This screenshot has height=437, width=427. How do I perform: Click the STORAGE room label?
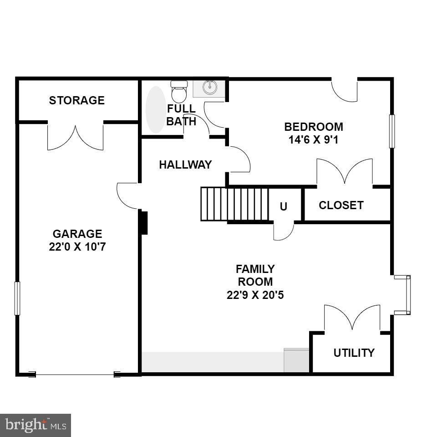pos(76,100)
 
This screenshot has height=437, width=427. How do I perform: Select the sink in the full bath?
pos(209,88)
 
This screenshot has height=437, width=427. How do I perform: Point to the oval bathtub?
pos(155,110)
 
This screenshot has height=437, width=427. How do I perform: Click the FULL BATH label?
pos(181,115)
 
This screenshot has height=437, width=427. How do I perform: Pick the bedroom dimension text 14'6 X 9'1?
pos(314,139)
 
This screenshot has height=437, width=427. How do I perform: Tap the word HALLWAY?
pos(185,165)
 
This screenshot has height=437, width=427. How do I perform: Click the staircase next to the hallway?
pos(234,204)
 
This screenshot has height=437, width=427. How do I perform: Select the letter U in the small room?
pos(284,206)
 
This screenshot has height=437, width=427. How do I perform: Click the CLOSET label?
pos(341,205)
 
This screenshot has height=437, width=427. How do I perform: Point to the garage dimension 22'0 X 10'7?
pos(77,247)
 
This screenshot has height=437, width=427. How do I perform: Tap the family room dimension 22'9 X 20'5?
pos(255,295)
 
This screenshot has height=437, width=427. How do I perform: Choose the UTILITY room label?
pos(354,353)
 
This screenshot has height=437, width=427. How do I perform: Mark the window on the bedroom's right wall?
pos(391,131)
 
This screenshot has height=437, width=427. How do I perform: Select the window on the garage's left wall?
pos(17,298)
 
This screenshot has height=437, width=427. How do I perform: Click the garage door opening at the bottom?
pos(75,375)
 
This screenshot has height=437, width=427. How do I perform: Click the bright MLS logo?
pos(36,426)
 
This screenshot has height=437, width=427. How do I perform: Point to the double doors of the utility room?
pos(352,317)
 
